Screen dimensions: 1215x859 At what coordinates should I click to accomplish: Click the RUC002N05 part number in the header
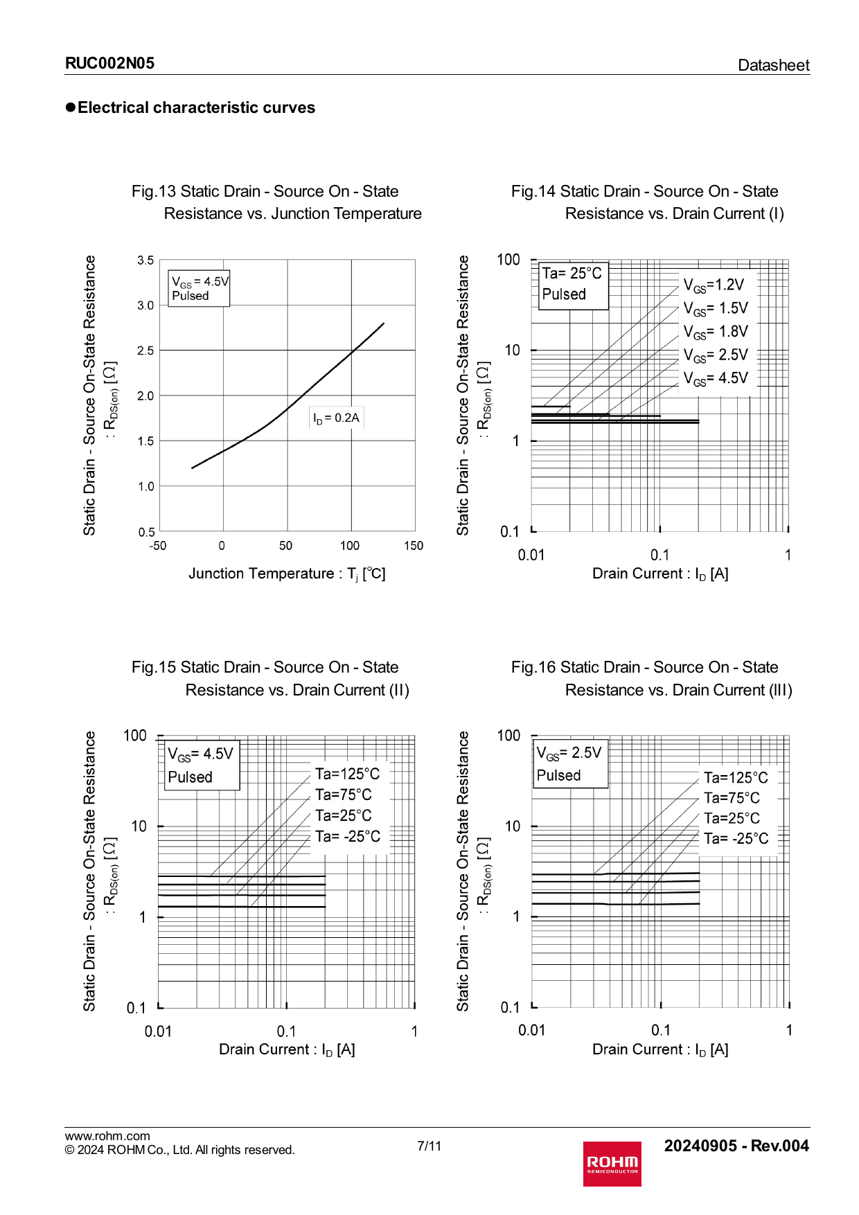click(109, 64)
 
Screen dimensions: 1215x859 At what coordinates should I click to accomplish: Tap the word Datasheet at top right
click(773, 65)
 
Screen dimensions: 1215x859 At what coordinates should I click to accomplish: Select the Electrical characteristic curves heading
click(196, 107)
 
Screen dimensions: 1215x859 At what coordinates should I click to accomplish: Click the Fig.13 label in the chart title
click(153, 191)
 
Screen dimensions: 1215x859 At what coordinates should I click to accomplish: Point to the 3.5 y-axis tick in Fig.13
click(145, 260)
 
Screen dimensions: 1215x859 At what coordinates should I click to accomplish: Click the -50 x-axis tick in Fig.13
click(158, 546)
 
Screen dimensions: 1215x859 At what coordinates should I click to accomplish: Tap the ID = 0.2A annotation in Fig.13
click(336, 418)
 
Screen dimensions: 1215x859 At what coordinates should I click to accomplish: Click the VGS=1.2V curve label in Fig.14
click(714, 285)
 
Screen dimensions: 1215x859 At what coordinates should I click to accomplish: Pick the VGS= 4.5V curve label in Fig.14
click(716, 378)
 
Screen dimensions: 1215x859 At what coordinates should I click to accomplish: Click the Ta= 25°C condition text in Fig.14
click(572, 273)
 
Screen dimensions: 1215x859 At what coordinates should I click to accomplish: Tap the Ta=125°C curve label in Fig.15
click(347, 774)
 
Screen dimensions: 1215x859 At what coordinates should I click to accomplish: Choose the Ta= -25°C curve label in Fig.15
click(347, 836)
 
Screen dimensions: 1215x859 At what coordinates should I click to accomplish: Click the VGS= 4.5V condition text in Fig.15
click(201, 754)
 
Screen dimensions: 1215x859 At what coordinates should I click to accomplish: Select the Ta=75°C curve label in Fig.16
click(732, 798)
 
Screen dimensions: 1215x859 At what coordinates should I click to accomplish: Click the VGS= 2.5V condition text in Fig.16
click(569, 753)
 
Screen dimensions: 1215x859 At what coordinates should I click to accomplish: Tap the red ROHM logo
click(612, 1164)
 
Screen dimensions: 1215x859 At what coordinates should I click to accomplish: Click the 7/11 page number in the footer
click(429, 1146)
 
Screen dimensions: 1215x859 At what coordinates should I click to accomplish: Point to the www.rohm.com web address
click(107, 1136)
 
